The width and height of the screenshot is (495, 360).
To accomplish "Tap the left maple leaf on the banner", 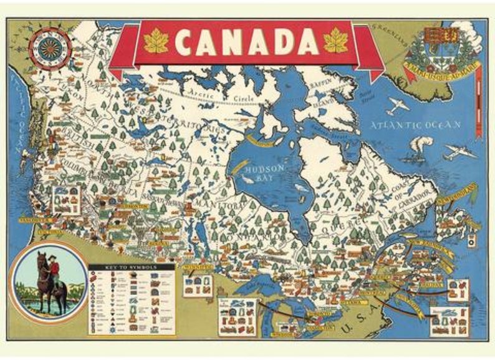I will (x=156, y=41).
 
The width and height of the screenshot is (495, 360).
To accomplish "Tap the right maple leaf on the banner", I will (x=336, y=41).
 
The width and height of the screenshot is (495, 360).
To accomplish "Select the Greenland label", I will (x=386, y=31).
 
